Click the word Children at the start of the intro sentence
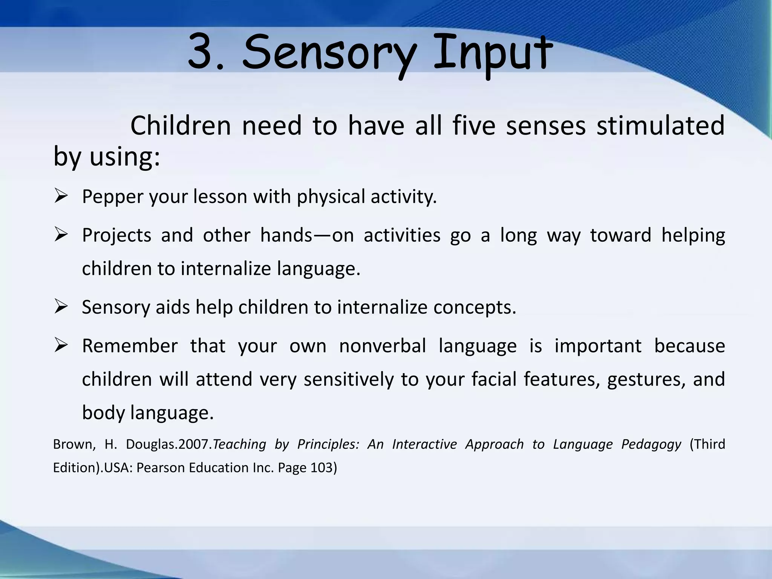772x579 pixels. (180, 126)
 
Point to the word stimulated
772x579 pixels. (660, 126)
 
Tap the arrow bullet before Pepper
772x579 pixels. (60, 196)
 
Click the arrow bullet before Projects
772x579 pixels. (60, 234)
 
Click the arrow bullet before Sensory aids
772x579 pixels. (60, 306)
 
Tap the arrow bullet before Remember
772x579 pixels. (60, 345)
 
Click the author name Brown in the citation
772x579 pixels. (72, 444)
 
